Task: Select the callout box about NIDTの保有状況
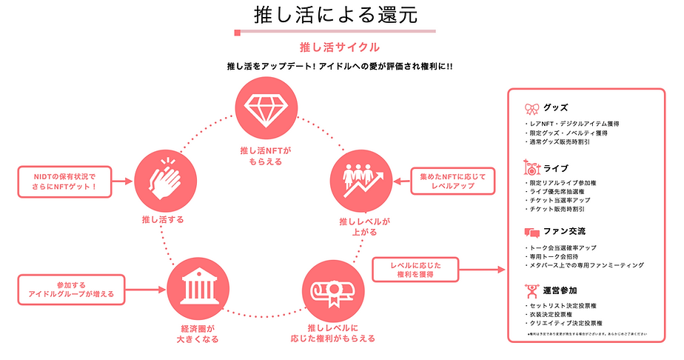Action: (x=66, y=181)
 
